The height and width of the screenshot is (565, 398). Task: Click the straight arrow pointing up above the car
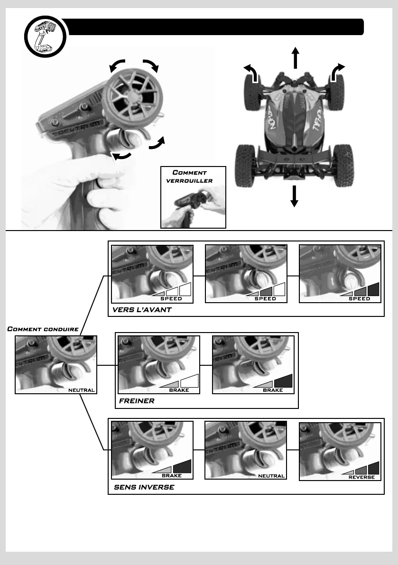295,58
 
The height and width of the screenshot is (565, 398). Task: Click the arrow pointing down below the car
294,196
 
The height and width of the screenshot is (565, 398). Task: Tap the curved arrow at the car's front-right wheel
337,72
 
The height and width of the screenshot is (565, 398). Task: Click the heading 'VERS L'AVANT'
142,309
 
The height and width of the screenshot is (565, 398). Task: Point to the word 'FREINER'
137,401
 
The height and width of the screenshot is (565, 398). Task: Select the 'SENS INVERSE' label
144,487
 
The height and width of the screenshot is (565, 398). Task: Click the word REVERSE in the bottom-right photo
361,477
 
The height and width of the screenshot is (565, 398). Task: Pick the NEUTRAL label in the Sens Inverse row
271,476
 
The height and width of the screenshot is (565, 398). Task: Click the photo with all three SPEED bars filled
341,274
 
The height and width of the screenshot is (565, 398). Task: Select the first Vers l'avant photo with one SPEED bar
152,274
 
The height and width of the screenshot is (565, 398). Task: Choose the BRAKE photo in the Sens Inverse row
152,450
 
